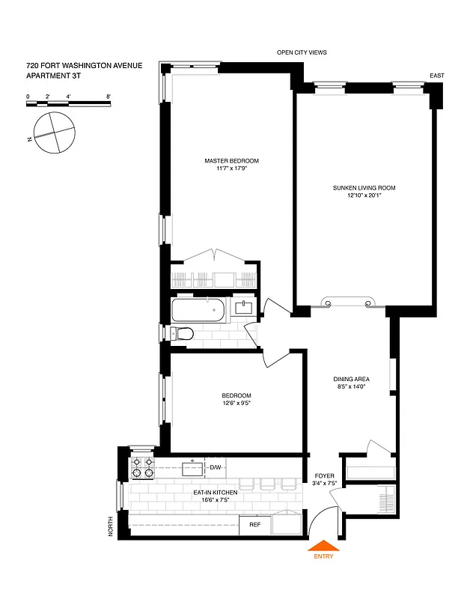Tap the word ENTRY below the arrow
pos(323,556)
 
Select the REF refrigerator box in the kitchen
pos(254,525)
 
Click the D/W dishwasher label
pos(216,468)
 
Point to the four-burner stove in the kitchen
pos(142,468)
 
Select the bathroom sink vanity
pos(244,307)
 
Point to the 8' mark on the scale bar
pos(109,97)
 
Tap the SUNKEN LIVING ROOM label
pos(364,188)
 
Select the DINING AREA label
pos(351,379)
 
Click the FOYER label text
pos(324,475)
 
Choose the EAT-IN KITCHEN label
pos(215,492)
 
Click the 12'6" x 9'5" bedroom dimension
pos(236,404)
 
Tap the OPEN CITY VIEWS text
pos(302,52)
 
